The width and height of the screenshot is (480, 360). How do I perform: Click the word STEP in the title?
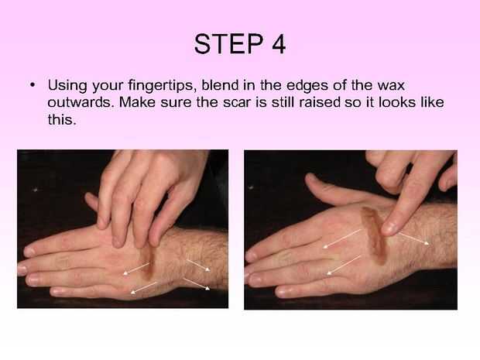click(x=228, y=44)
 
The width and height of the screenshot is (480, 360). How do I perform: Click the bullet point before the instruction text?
click(x=33, y=84)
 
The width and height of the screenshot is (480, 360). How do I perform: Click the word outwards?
click(x=81, y=102)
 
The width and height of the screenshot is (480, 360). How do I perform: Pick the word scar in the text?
click(x=235, y=102)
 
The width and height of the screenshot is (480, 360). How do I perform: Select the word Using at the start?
click(x=67, y=86)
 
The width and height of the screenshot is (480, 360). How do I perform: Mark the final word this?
click(x=62, y=119)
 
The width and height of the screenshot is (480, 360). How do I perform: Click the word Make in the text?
click(x=137, y=102)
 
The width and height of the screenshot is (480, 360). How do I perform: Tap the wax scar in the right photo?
click(x=374, y=234)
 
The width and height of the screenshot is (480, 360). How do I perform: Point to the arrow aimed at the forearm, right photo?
click(x=413, y=238)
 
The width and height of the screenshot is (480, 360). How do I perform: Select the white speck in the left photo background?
click(x=36, y=190)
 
